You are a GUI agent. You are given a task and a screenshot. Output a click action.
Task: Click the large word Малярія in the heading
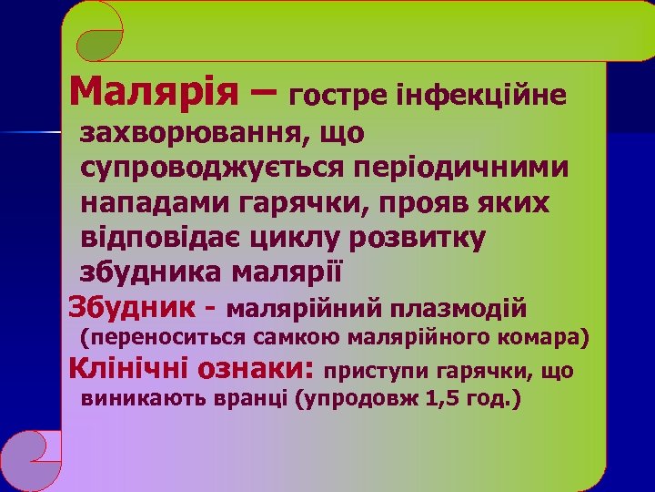pos(156,91)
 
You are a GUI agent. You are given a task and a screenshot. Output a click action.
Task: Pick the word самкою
pos(278,338)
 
